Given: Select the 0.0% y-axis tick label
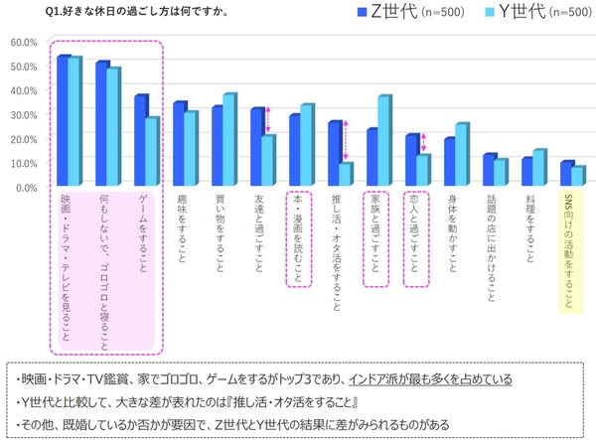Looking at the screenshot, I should tap(25, 187).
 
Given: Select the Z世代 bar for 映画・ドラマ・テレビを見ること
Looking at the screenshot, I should tap(62, 121).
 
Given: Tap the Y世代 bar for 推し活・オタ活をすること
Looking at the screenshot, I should tap(345, 175).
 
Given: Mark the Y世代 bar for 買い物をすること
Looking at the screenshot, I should tap(228, 140).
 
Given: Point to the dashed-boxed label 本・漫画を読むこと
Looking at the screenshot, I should tap(298, 238).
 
